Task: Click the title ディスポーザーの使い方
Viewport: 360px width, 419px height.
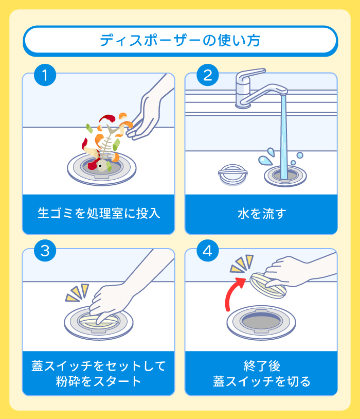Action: tap(180, 40)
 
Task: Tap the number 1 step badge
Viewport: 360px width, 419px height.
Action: tap(45, 75)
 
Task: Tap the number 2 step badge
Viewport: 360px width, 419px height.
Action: tap(207, 75)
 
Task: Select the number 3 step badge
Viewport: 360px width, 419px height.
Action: tap(45, 251)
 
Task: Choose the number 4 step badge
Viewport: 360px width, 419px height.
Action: tap(207, 251)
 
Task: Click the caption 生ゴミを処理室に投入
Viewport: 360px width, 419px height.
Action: tap(99, 213)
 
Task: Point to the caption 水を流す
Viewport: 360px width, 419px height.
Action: tap(261, 213)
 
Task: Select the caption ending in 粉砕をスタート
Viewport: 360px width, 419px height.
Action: tap(99, 381)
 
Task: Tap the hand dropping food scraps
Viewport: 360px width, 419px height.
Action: tap(149, 111)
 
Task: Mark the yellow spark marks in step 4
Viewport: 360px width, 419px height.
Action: tap(242, 263)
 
